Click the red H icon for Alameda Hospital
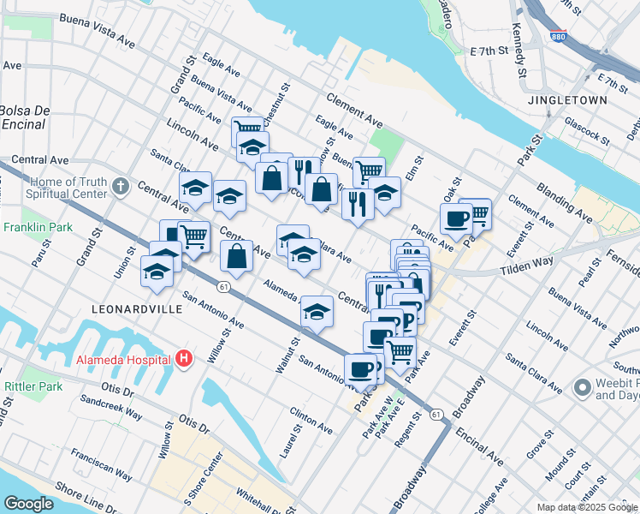[182, 360]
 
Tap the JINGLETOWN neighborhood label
[567, 100]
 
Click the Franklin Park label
[33, 228]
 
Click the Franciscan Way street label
[101, 463]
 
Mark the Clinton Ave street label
[311, 419]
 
